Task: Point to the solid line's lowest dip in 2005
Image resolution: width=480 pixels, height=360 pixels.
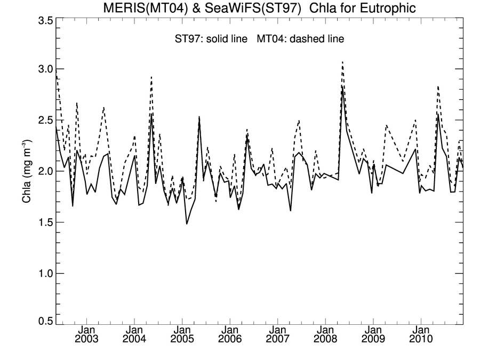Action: pos(187,223)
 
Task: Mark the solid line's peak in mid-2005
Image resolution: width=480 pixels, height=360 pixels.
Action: pos(199,117)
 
